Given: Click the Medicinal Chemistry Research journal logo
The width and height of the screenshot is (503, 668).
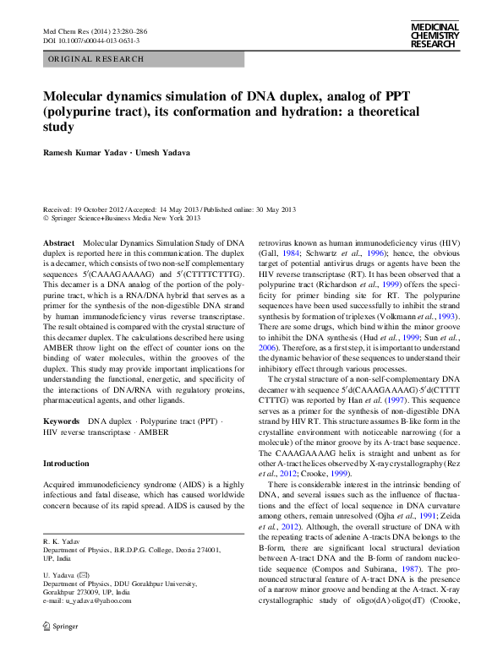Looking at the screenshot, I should [x=434, y=35].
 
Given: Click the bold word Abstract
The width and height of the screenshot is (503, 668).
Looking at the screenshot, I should [x=58, y=242].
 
